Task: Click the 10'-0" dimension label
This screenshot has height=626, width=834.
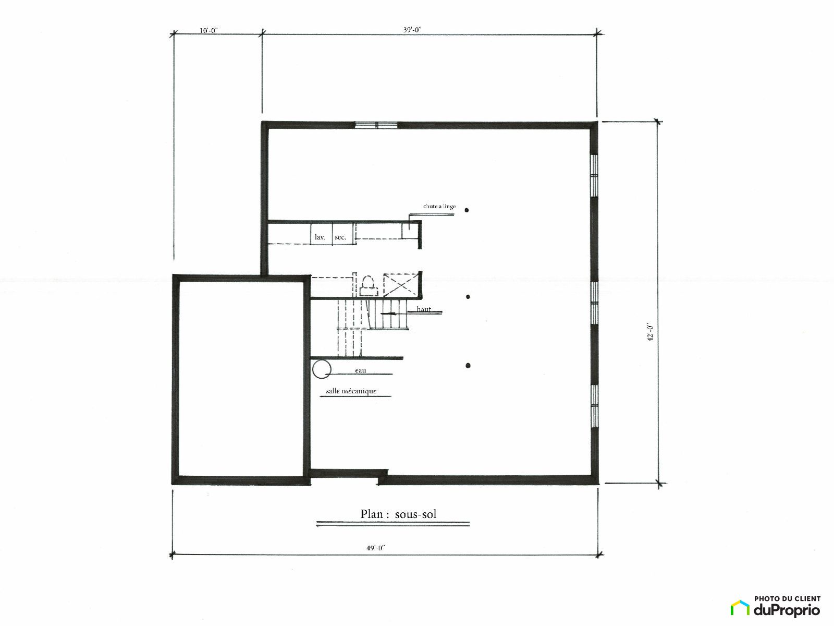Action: [208, 30]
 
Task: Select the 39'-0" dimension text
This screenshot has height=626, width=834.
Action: [413, 30]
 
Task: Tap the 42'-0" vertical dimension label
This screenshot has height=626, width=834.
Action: [650, 333]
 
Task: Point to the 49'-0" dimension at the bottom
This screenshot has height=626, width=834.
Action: [376, 548]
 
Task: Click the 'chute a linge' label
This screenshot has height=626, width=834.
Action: [439, 207]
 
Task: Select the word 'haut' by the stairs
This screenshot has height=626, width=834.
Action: [424, 309]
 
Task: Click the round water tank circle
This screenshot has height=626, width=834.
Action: [322, 369]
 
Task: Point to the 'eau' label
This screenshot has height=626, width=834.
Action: [360, 370]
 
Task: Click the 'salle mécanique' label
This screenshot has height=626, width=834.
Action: [351, 391]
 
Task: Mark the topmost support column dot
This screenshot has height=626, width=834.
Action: [467, 210]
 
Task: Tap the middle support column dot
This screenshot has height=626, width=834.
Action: [468, 297]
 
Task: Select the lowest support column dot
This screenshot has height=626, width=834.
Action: [468, 366]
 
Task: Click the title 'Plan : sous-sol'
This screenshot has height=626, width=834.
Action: [398, 514]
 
